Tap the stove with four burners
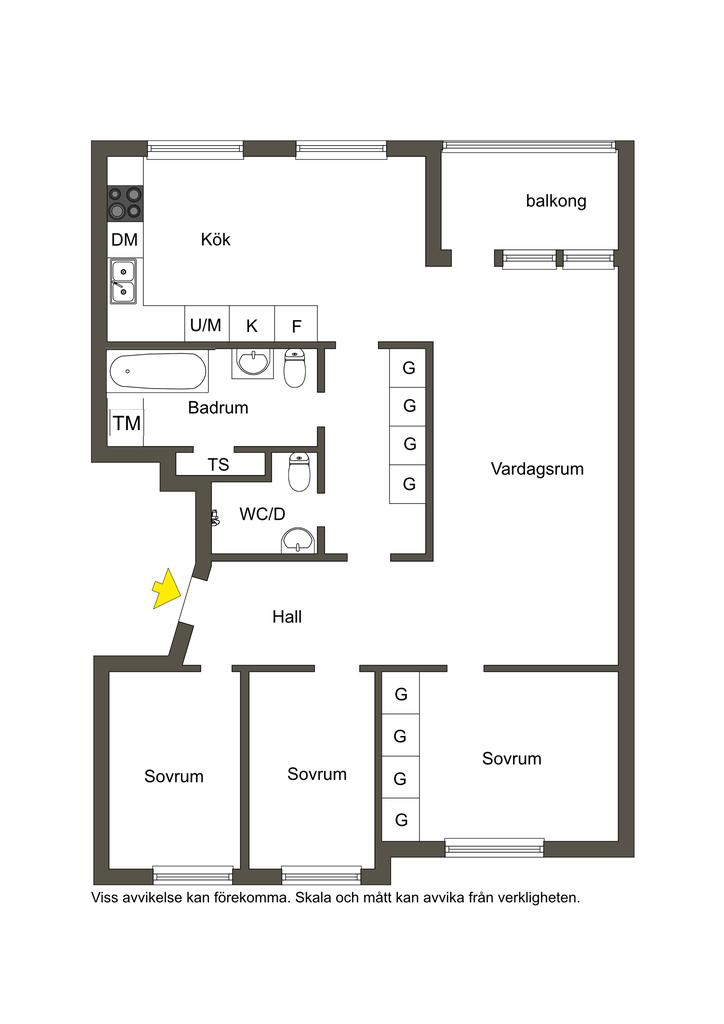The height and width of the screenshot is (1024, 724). click(x=125, y=202)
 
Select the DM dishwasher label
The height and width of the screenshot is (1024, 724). click(x=125, y=240)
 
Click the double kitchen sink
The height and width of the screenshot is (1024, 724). click(x=123, y=281)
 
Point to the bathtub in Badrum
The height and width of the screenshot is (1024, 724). click(x=158, y=372)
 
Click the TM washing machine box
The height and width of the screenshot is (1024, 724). click(x=126, y=423)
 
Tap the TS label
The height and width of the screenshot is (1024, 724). click(x=218, y=464)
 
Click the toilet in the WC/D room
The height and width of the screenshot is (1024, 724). click(x=300, y=472)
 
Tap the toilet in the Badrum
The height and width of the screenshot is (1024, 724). click(x=295, y=368)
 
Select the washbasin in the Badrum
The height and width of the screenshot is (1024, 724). click(x=252, y=362)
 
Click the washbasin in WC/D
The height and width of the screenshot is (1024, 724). click(x=298, y=541)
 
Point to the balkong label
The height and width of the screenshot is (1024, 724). click(x=556, y=200)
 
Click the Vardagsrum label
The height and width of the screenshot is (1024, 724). click(x=537, y=469)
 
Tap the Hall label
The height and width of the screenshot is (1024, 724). click(x=287, y=616)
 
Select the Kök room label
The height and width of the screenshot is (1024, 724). click(x=215, y=240)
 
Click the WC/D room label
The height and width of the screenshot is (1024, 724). click(x=262, y=514)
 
